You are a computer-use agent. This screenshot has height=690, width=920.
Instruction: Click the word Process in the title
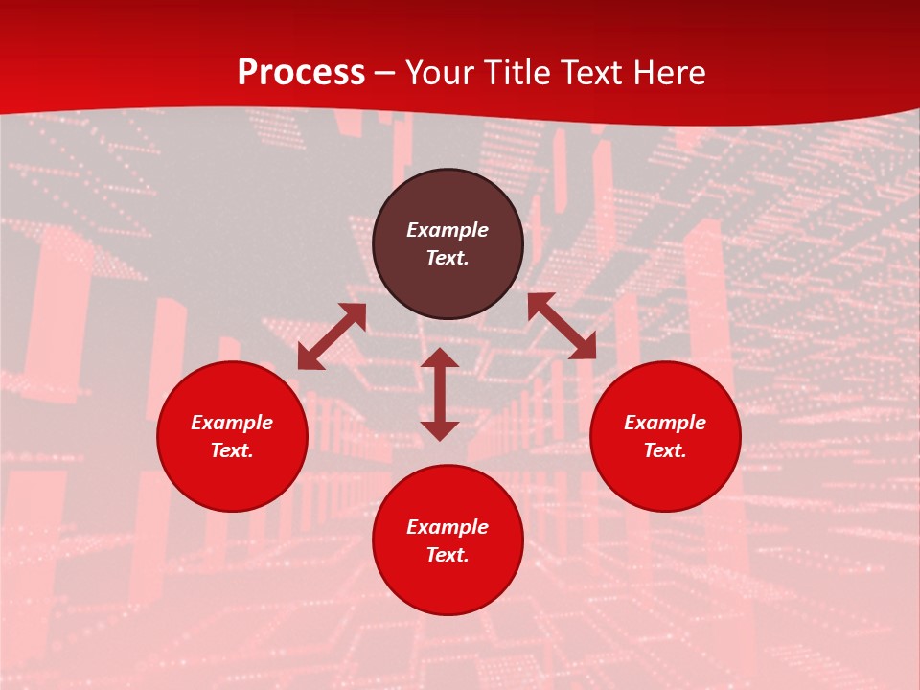301,73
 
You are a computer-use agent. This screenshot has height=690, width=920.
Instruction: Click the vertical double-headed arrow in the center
440,394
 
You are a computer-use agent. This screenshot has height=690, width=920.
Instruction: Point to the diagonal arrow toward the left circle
332,336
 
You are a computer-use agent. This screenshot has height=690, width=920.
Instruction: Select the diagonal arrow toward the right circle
562,326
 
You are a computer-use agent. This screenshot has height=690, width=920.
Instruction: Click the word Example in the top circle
448,230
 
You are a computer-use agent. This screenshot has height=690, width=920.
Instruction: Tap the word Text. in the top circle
448,258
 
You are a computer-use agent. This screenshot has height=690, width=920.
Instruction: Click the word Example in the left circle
232,423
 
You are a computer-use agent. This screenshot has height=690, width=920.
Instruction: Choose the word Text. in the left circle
232,450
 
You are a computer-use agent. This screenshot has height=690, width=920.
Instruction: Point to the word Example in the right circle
665,423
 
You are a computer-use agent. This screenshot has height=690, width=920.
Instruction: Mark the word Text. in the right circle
665,450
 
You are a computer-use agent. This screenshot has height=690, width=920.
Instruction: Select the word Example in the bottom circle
448,527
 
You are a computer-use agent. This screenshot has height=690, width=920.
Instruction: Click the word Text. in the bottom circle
448,555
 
